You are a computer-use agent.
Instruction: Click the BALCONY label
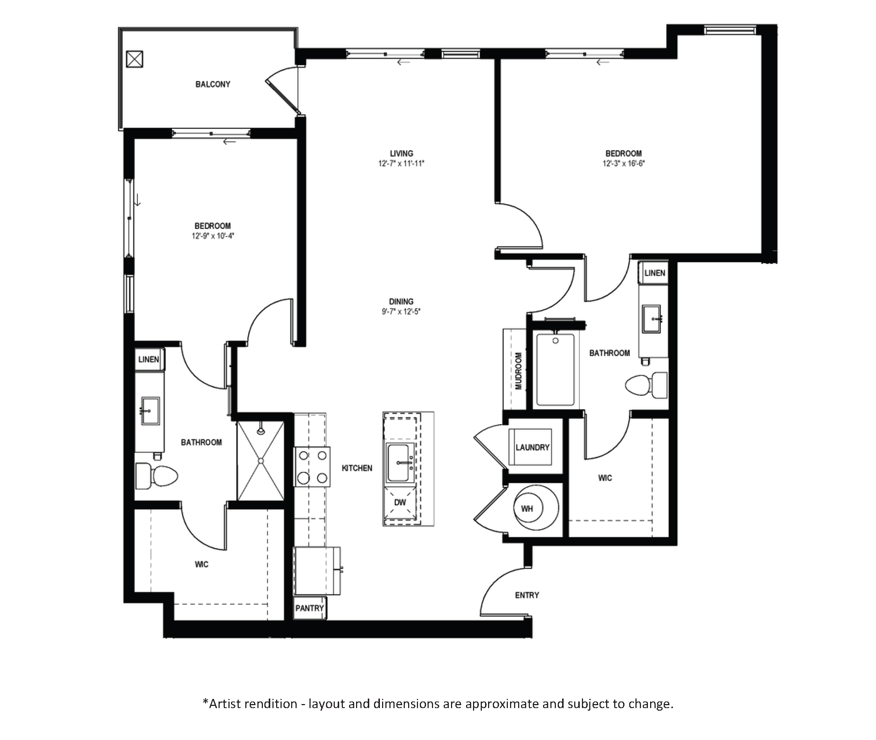[x=213, y=84]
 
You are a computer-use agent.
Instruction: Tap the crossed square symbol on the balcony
[x=135, y=59]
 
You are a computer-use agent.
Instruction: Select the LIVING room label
[x=402, y=154]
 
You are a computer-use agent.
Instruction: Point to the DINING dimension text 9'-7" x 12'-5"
[x=401, y=312]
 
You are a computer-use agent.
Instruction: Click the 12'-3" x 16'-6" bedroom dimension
[x=623, y=164]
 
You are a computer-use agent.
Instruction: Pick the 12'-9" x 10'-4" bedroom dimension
[x=213, y=236]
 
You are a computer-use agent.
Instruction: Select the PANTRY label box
[x=309, y=608]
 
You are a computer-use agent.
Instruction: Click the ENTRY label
[x=527, y=595]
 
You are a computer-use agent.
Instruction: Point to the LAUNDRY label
[x=532, y=447]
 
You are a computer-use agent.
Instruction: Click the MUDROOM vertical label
[x=518, y=371]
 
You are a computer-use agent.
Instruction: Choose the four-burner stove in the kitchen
[x=312, y=466]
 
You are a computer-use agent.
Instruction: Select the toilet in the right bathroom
[x=646, y=385]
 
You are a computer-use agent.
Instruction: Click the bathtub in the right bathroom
[x=556, y=370]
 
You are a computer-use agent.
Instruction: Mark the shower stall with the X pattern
[x=261, y=461]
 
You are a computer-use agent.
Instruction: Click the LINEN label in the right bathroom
[x=655, y=273]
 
